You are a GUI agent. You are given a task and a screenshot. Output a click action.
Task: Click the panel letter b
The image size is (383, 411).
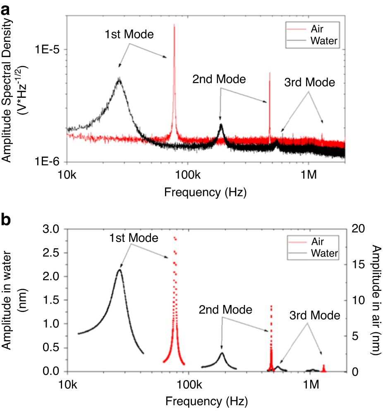(x=6, y=220)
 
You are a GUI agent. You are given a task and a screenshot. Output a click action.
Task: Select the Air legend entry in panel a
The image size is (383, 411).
(x=318, y=30)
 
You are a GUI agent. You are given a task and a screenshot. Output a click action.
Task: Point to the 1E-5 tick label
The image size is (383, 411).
(x=47, y=50)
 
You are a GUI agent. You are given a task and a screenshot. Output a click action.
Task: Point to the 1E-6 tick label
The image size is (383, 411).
(x=47, y=162)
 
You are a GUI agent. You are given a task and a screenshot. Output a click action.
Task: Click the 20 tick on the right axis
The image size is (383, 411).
(x=359, y=229)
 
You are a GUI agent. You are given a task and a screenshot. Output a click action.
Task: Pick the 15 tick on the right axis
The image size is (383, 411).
(x=358, y=265)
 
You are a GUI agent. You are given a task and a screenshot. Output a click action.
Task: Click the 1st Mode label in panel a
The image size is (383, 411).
(x=128, y=34)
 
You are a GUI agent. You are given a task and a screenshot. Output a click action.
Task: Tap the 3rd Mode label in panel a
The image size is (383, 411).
(x=309, y=82)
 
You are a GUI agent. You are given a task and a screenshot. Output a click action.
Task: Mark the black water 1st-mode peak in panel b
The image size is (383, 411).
(x=120, y=270)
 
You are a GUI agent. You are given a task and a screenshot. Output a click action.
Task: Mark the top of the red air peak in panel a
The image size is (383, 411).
(x=174, y=25)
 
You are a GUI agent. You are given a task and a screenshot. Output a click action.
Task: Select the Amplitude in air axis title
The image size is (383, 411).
(x=376, y=300)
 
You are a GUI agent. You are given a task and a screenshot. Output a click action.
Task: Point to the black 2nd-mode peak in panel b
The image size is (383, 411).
(x=222, y=353)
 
